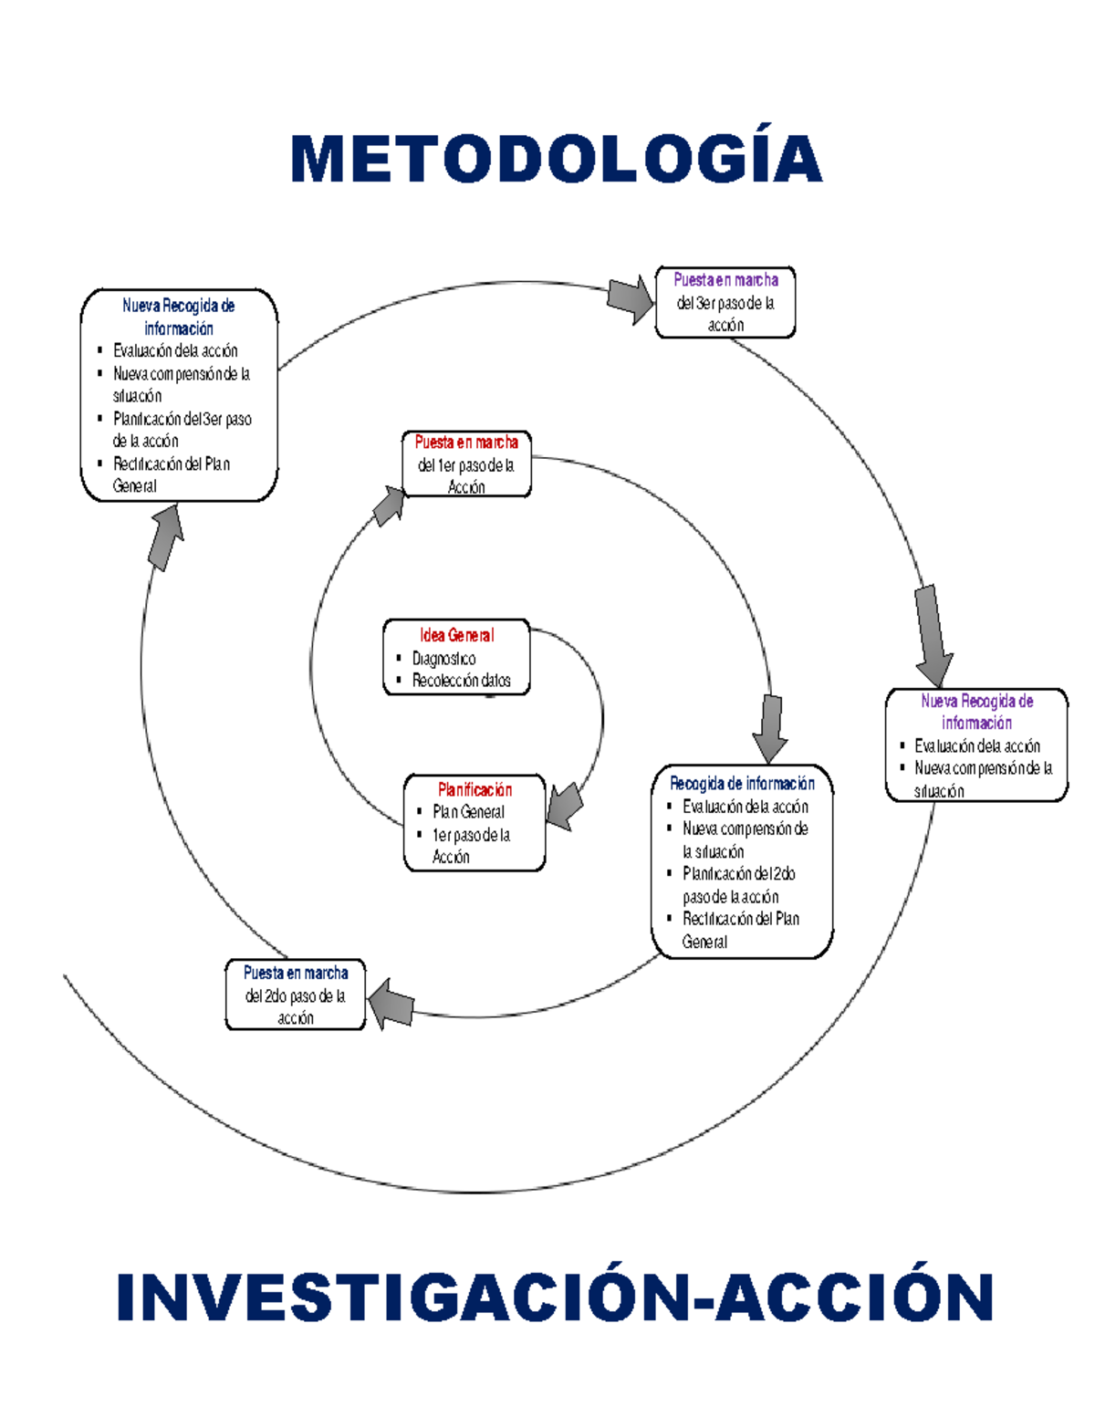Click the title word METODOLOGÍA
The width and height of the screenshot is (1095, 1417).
[x=556, y=160]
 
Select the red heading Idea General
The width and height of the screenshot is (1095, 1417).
[x=456, y=635]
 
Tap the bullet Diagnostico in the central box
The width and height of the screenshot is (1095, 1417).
[x=443, y=659]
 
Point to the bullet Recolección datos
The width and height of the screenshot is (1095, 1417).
[x=461, y=681]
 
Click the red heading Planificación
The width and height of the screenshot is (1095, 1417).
[x=474, y=789]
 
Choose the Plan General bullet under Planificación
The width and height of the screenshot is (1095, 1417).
[x=468, y=812]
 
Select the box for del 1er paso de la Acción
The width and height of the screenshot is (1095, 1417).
[x=466, y=465]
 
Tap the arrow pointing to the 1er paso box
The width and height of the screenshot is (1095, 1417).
[x=391, y=505]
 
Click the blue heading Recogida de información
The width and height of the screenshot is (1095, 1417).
[x=742, y=784]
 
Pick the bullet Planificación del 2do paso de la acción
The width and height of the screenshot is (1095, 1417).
[x=738, y=885]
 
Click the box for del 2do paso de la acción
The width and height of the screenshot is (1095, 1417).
[x=295, y=995]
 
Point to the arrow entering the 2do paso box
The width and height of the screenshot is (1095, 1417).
[x=391, y=1005]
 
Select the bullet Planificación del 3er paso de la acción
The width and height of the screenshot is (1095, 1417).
[x=181, y=430]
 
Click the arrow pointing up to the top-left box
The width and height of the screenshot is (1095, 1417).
[x=165, y=537]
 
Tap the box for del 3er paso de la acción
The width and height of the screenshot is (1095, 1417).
[x=725, y=303]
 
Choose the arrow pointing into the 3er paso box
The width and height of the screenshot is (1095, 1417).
[x=630, y=299]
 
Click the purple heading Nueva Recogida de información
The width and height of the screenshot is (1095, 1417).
[x=976, y=712]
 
